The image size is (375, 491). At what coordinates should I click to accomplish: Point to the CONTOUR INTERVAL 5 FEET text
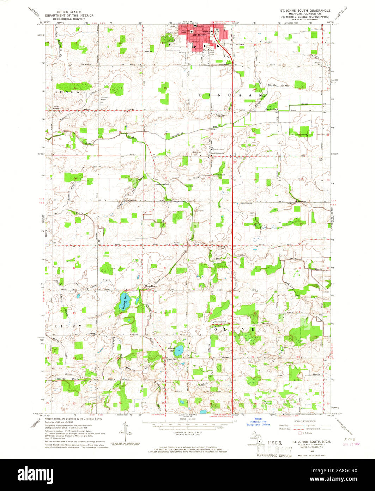pyautogui.click(x=187, y=433)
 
